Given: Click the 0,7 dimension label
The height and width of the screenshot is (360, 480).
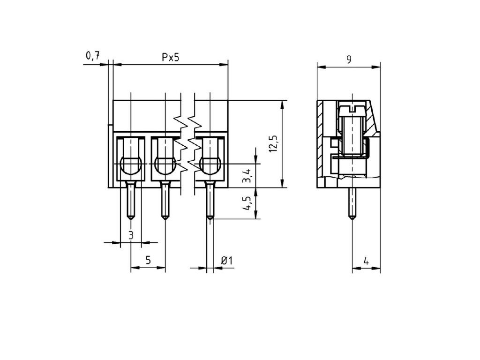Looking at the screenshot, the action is click(92, 56).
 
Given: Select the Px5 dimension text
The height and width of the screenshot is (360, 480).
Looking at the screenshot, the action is click(171, 57).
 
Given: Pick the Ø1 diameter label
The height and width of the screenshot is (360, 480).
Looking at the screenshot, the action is click(226, 261).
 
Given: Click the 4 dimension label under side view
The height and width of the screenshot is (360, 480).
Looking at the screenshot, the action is click(366, 261).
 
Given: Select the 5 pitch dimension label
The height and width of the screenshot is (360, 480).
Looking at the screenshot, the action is click(148, 261).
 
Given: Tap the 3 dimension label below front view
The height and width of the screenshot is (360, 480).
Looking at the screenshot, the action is click(131, 235).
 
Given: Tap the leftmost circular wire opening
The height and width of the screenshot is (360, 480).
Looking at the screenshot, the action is click(131, 165).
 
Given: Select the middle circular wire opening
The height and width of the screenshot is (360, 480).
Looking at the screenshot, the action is click(165, 165).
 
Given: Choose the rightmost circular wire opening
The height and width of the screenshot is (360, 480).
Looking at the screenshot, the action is click(210, 165).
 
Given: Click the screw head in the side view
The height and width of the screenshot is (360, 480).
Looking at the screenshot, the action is click(351, 109).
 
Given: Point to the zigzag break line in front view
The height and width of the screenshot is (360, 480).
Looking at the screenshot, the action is click(187, 141).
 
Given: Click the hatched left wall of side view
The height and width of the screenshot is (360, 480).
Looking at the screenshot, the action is click(320, 141).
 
